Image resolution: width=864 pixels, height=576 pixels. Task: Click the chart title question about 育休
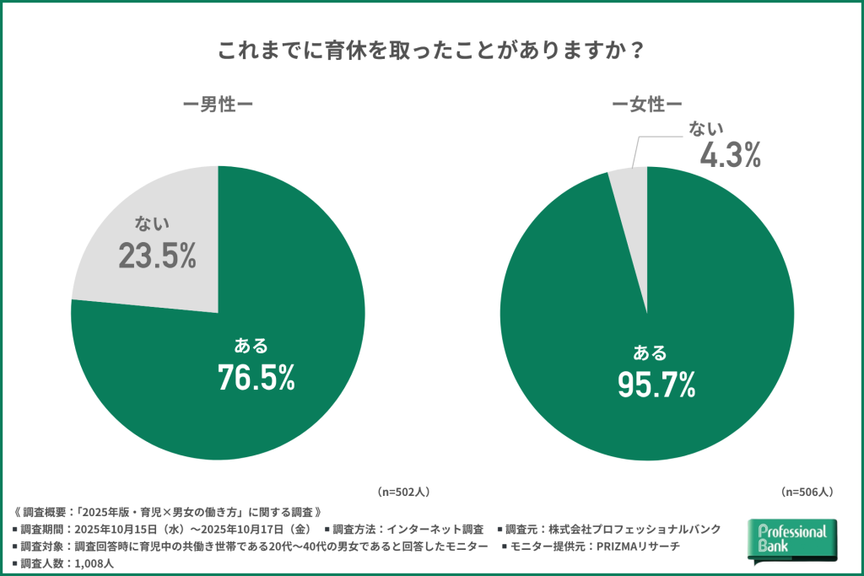click(431, 50)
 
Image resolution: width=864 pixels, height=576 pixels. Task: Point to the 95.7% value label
click(656, 385)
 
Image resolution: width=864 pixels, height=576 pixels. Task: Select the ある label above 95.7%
click(650, 352)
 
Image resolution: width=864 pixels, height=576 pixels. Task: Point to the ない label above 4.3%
click(706, 127)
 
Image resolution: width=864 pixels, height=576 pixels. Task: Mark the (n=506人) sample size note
click(807, 490)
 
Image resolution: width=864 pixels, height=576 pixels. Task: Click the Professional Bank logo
click(792, 540)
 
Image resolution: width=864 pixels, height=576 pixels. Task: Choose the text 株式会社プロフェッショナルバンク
click(634, 529)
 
